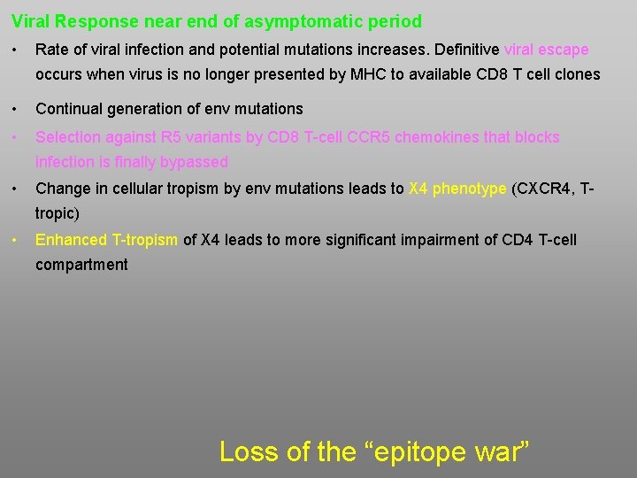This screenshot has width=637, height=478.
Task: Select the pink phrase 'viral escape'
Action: [546, 50]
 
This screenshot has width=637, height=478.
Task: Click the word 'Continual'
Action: [67, 109]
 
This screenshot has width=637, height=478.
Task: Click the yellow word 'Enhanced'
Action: [71, 240]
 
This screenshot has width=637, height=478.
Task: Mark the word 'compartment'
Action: [81, 265]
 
